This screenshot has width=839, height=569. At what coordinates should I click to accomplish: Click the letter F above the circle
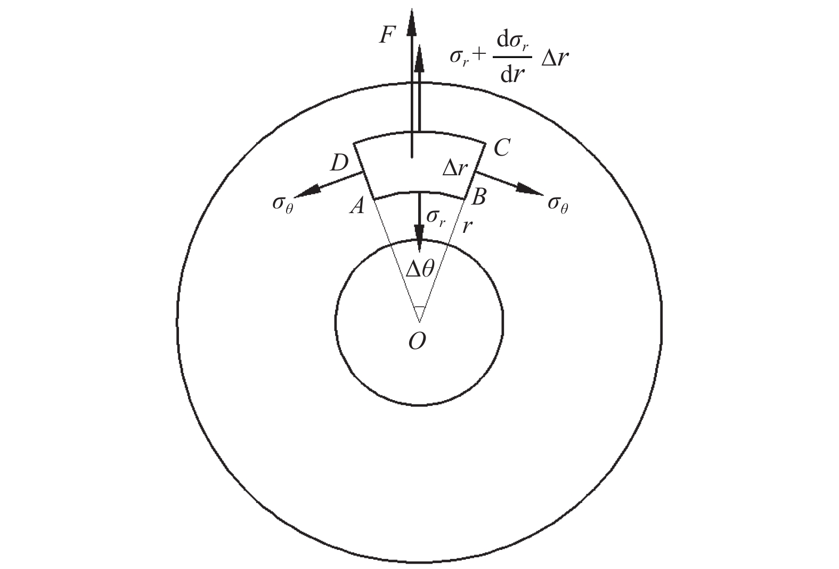[x=387, y=36]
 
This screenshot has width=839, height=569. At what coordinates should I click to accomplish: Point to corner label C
[x=502, y=148]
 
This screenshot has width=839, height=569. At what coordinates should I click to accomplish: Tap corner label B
[x=478, y=198]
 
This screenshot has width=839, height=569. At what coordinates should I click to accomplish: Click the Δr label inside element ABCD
[x=455, y=168]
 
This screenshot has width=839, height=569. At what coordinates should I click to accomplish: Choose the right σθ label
[x=558, y=205]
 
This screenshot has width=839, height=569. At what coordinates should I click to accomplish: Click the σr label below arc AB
[x=436, y=217]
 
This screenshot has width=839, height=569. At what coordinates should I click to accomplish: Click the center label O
[x=417, y=342]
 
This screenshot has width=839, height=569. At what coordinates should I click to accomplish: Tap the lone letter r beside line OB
[x=467, y=226]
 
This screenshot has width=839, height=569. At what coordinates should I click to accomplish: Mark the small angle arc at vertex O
[x=420, y=307]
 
